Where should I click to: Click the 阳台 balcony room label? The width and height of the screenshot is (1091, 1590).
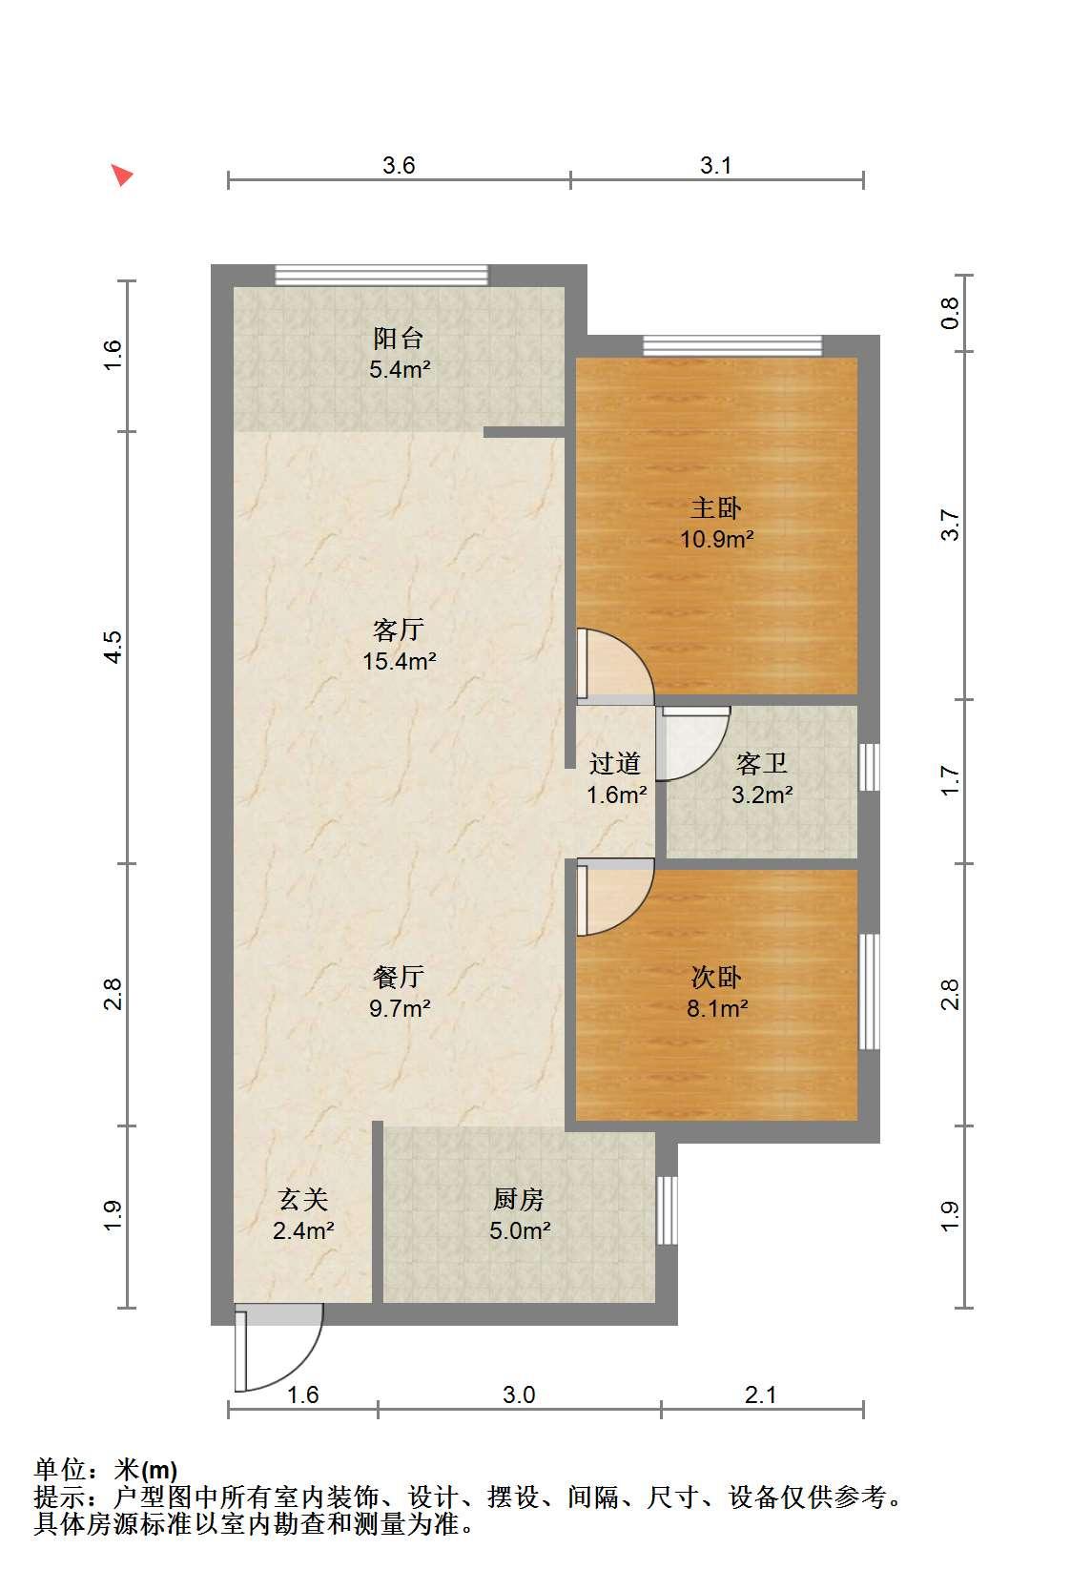coord(399,338)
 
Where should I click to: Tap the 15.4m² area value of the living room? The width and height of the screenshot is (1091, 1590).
coord(399,662)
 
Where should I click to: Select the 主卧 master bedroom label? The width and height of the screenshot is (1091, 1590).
coord(716,508)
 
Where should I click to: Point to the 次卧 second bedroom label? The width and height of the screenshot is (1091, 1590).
coord(716,978)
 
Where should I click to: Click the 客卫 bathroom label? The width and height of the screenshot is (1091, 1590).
coord(762,764)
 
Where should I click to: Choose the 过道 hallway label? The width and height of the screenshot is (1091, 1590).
coord(615,764)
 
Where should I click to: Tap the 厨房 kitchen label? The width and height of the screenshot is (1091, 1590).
coord(519,1200)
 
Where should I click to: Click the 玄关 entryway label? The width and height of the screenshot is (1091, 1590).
coord(303,1200)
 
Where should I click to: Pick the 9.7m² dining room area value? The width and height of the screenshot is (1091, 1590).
coord(400,1008)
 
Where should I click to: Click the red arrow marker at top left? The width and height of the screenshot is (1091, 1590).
coord(122,174)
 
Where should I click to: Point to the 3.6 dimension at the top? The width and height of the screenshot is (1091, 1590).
coord(399,165)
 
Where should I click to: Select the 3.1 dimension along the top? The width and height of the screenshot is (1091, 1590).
coord(715,165)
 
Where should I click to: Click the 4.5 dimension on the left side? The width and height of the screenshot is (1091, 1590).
coord(113,648)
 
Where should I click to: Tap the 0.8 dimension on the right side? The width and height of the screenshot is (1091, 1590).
coord(950,313)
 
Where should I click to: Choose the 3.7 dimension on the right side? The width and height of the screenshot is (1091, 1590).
coord(950,526)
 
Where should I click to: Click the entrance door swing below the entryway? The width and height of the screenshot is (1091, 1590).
coord(278,1347)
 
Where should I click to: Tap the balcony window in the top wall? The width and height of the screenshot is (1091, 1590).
coord(381,275)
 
